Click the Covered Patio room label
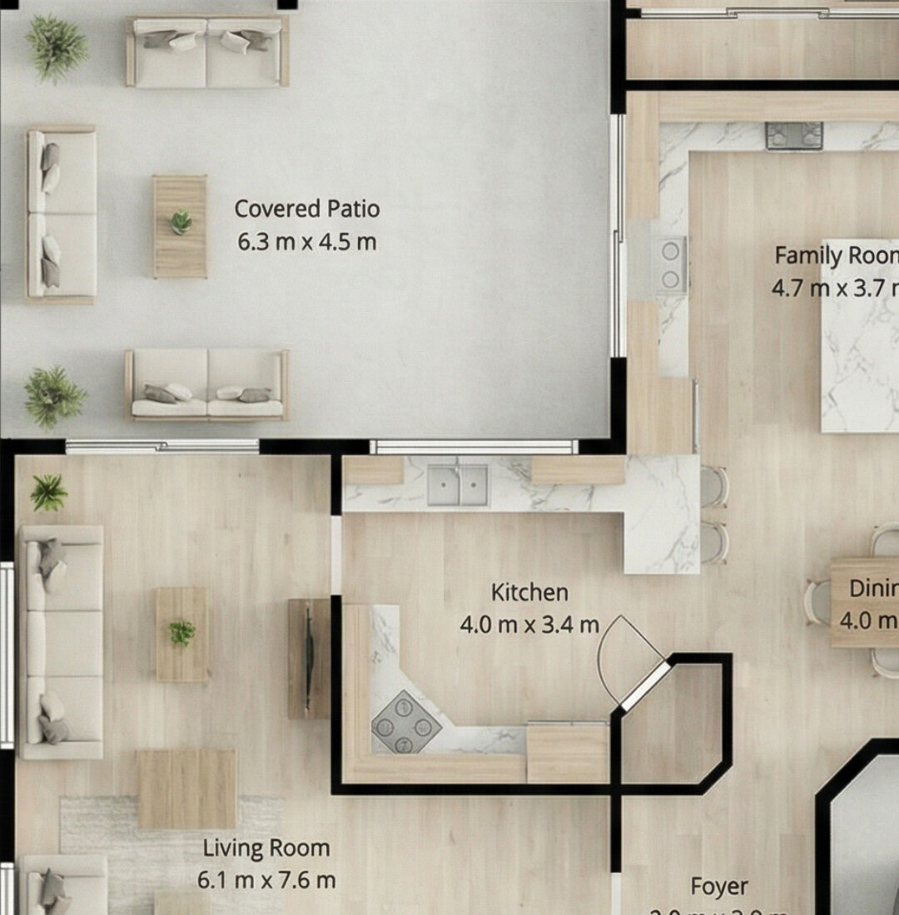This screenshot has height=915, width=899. [x=307, y=208]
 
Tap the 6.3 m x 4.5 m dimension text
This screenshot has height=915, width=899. [x=307, y=243]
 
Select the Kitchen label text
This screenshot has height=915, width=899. [x=529, y=592]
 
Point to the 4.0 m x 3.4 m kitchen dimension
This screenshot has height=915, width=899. [x=529, y=625]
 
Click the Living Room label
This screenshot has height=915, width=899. [x=266, y=848]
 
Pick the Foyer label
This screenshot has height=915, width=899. [x=719, y=887]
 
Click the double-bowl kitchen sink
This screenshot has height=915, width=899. [x=458, y=486]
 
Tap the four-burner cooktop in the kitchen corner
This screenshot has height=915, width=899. [x=405, y=722]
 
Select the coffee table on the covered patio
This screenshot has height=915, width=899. [x=180, y=226]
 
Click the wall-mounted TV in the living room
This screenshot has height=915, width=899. [x=309, y=658]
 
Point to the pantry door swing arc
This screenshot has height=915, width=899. [x=626, y=653]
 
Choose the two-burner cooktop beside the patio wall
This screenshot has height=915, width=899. [x=670, y=265]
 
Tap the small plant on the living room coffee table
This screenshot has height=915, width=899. [x=181, y=633]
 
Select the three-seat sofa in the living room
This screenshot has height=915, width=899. [x=61, y=641]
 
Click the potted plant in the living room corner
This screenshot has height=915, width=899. [x=48, y=493]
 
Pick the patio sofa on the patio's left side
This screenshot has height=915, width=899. [x=61, y=214]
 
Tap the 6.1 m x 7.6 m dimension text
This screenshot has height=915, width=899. [x=266, y=879]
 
